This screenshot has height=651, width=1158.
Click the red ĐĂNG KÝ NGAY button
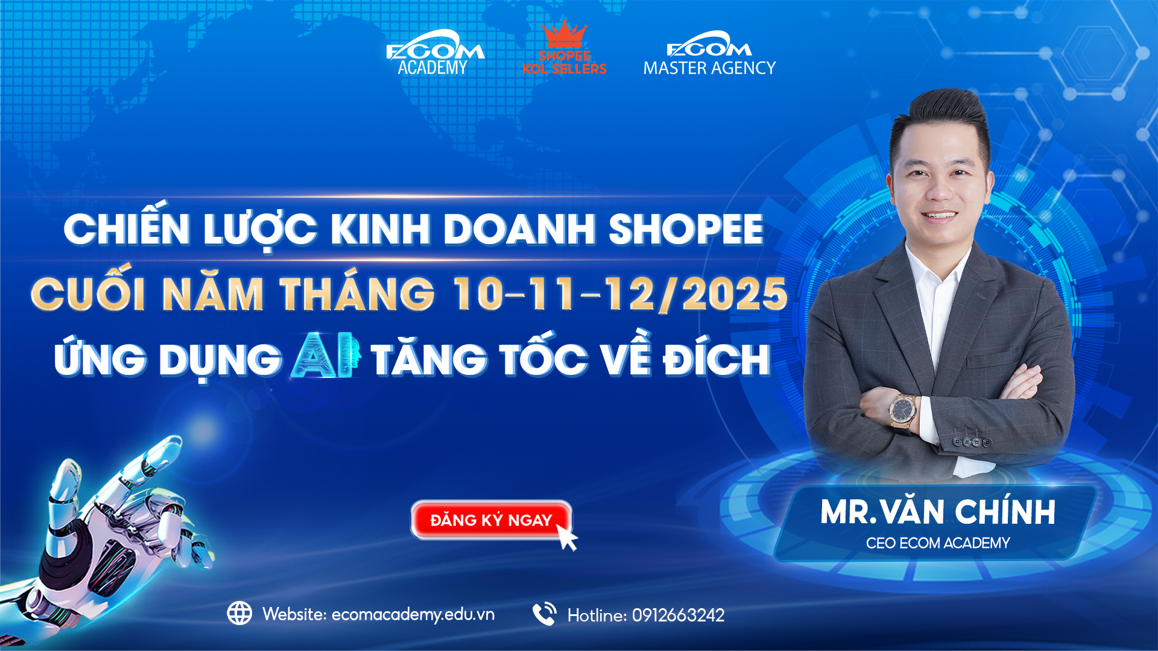[491, 520]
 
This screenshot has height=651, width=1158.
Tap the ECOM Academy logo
[435, 53]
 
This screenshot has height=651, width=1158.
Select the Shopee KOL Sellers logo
[565, 48]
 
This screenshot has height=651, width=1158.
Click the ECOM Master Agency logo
[709, 53]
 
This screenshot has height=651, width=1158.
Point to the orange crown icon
[565, 34]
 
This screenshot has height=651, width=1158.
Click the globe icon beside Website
[239, 614]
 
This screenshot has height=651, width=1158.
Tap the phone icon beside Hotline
[545, 614]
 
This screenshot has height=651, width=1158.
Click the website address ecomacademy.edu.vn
[413, 615]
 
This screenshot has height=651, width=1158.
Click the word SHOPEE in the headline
[686, 230]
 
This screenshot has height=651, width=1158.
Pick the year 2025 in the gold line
[735, 295]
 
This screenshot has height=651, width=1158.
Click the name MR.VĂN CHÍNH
[938, 512]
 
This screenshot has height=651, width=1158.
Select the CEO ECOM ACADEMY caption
[938, 543]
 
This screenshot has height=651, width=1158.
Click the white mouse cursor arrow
[566, 537]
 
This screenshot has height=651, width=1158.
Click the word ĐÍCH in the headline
[717, 360]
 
